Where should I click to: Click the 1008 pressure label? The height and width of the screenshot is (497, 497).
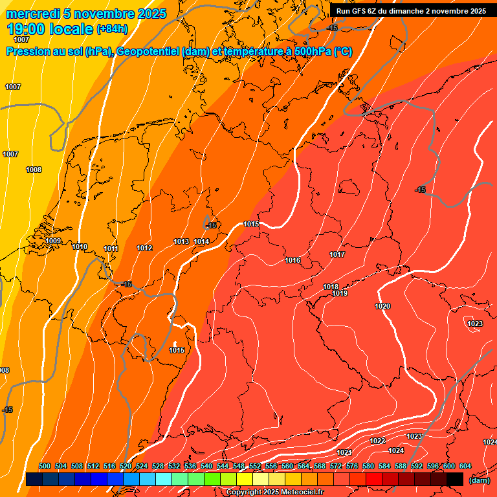click(x=34, y=170)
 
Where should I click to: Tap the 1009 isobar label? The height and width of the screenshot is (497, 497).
click(x=53, y=241)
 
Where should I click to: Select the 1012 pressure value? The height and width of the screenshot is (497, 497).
click(x=144, y=248)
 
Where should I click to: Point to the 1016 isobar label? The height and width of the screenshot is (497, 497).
click(x=293, y=260)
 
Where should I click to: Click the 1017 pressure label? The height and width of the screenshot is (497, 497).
click(x=337, y=254)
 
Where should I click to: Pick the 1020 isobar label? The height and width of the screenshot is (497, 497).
click(x=382, y=306)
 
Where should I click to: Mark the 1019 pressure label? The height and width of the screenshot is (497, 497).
click(x=340, y=293)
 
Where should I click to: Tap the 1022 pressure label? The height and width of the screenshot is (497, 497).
click(x=378, y=441)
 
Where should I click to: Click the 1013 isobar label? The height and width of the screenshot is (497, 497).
click(x=181, y=241)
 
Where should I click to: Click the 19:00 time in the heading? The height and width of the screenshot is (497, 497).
click(x=25, y=29)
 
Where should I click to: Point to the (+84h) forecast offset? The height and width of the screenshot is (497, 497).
click(x=112, y=29)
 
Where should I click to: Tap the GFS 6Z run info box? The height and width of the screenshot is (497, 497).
click(x=411, y=11)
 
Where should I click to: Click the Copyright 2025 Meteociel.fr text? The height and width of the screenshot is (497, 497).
click(x=275, y=492)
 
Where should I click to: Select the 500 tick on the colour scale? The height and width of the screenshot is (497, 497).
click(x=45, y=466)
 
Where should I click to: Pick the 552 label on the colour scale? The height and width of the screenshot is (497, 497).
click(x=255, y=466)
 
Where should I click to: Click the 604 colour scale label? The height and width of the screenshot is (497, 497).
click(x=465, y=466)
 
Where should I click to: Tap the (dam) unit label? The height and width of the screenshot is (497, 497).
click(x=479, y=480)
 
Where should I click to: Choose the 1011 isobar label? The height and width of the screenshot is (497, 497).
click(x=111, y=248)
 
